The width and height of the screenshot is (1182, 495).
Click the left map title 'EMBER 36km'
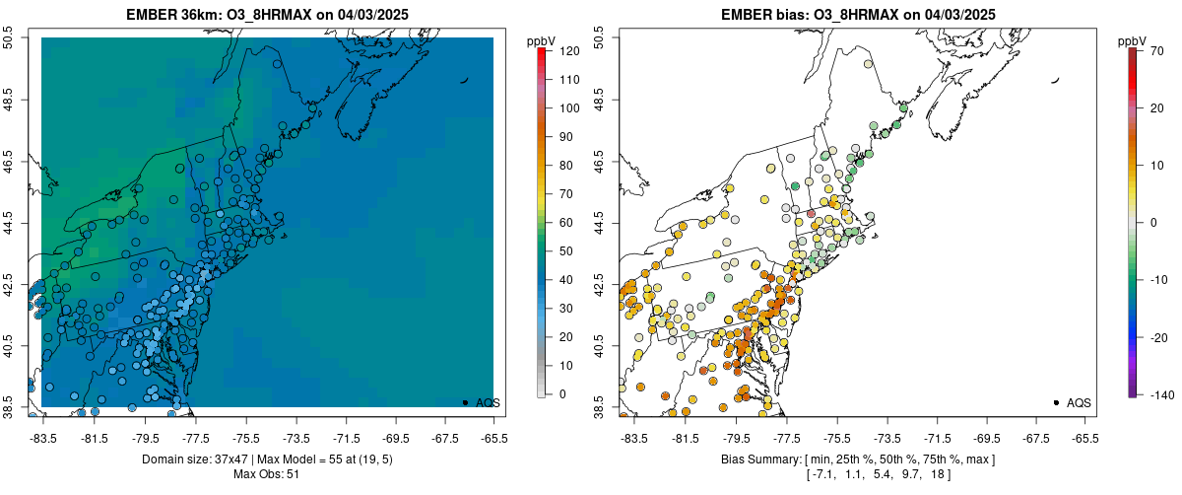[x=170, y=15]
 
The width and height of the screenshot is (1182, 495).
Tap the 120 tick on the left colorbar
[x=568, y=50]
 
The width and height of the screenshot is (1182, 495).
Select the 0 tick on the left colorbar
[x=561, y=394]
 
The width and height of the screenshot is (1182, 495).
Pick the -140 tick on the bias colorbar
[x=1159, y=394]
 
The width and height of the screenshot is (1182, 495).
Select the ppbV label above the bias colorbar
[x=1133, y=40]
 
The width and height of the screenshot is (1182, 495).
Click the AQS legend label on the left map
[x=489, y=402]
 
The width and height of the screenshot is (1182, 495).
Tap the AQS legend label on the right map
[x=1080, y=402]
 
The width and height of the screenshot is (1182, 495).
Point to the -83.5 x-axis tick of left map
[x=43, y=438]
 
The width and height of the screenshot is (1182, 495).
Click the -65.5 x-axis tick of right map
[x=1084, y=438]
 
